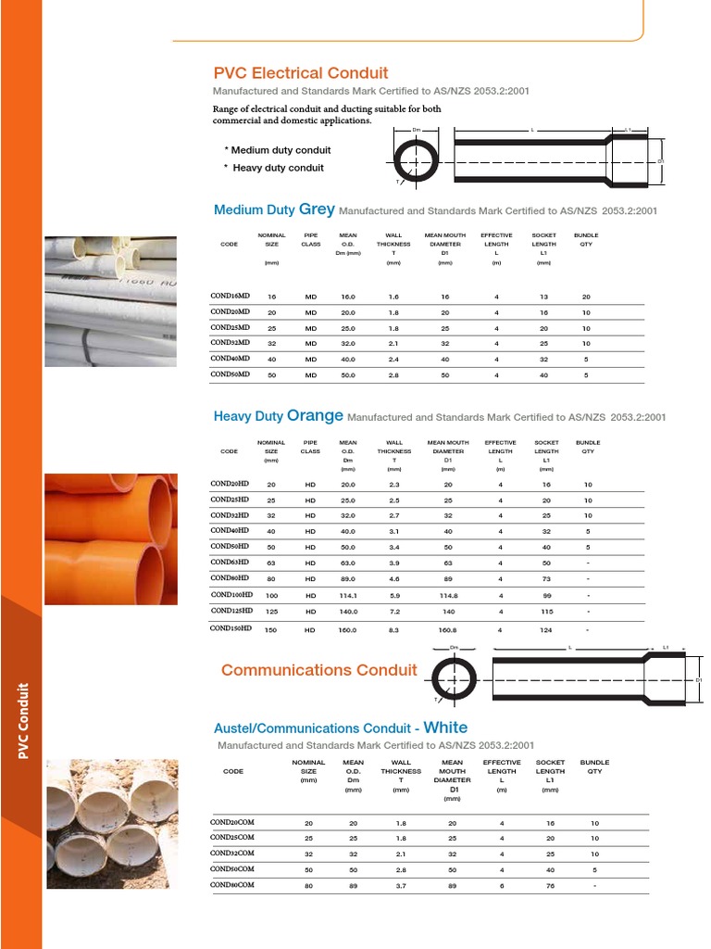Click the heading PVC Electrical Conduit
pyautogui.click(x=301, y=73)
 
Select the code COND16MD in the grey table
pyautogui.click(x=231, y=296)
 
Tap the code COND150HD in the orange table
pyautogui.click(x=231, y=628)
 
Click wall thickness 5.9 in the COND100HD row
pyautogui.click(x=394, y=595)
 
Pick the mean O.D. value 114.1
pyautogui.click(x=348, y=595)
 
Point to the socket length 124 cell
pyautogui.click(x=546, y=629)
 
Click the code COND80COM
pyautogui.click(x=231, y=884)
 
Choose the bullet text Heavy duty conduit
pyautogui.click(x=278, y=168)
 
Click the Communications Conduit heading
pyautogui.click(x=319, y=670)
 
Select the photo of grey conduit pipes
pyautogui.click(x=108, y=300)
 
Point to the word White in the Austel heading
pyautogui.click(x=445, y=728)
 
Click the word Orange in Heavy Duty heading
pyautogui.click(x=315, y=416)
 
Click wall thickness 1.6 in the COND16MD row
pyautogui.click(x=393, y=297)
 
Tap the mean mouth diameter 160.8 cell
pyautogui.click(x=448, y=629)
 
